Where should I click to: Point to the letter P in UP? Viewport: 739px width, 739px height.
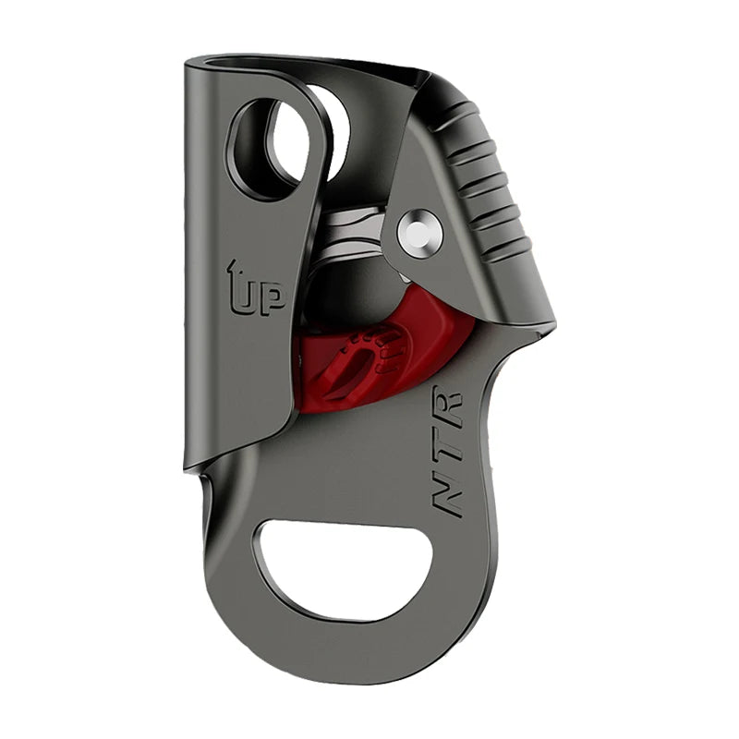(x=273, y=299)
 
